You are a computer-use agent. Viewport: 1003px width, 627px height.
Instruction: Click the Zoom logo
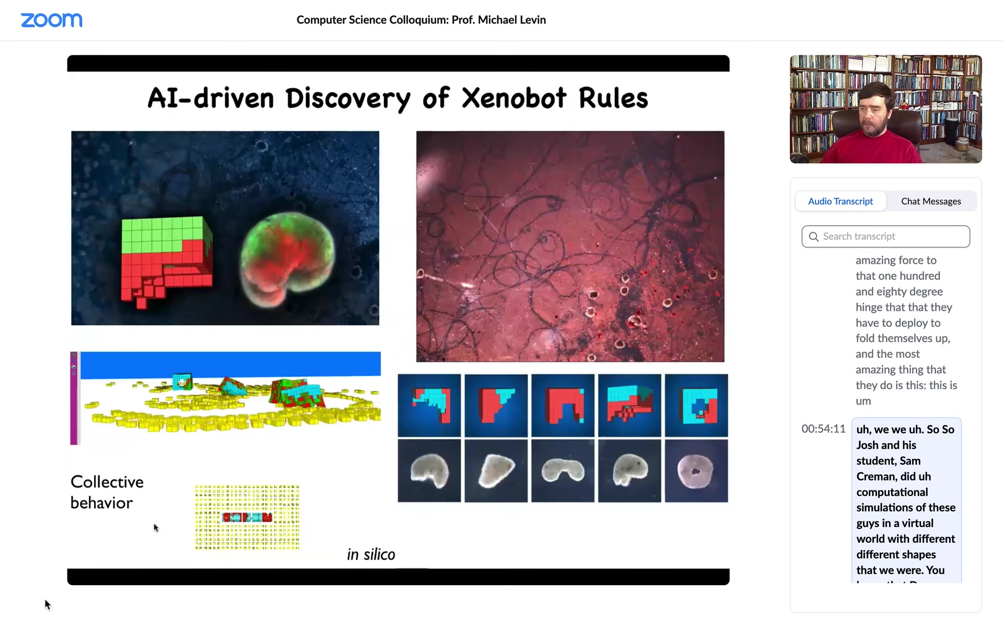click(x=51, y=20)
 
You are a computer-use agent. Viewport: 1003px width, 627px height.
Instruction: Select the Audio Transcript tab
click(x=840, y=201)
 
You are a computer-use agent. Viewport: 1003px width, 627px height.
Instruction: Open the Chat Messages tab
click(x=931, y=201)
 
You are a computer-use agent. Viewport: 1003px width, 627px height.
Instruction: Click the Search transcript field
click(x=885, y=236)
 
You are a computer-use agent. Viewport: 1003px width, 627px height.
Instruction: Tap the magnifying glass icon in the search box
click(x=813, y=237)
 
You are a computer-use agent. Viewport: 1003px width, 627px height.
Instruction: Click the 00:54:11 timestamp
click(x=823, y=429)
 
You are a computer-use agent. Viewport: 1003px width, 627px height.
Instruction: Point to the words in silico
click(x=371, y=554)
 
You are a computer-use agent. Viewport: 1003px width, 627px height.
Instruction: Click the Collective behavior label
click(x=107, y=492)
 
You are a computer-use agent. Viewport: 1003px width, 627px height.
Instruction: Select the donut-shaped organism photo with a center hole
click(x=696, y=471)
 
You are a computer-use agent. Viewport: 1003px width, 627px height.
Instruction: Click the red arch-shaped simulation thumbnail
click(x=563, y=405)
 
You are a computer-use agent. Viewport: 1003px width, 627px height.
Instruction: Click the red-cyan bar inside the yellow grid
click(x=247, y=517)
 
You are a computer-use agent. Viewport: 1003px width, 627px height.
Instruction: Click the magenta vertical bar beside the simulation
click(x=74, y=398)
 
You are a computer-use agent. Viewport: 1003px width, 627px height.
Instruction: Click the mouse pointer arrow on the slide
click(x=156, y=528)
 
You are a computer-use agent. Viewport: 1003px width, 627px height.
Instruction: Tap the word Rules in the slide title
click(x=613, y=98)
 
